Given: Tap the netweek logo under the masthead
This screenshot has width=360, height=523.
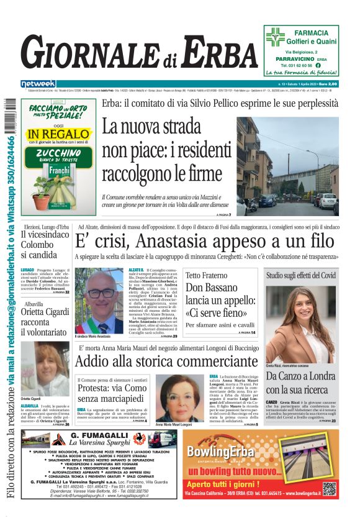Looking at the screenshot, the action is click(x=38, y=84).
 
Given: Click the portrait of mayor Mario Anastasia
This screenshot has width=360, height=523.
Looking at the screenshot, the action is click(x=100, y=301).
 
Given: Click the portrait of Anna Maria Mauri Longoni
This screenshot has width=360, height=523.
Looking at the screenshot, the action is click(x=179, y=397).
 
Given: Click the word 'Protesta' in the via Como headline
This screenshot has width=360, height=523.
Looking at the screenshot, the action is click(x=97, y=388).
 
